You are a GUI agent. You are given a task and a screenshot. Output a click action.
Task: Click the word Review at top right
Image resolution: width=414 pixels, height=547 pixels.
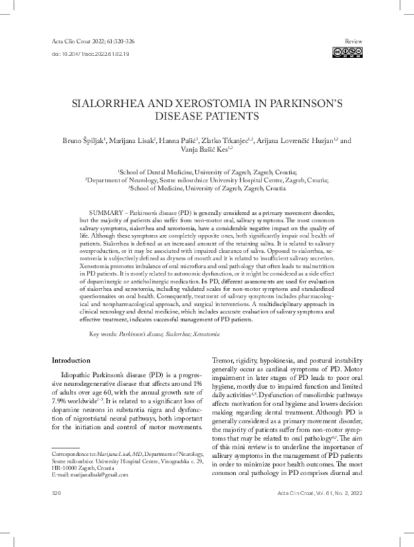point(351,41)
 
